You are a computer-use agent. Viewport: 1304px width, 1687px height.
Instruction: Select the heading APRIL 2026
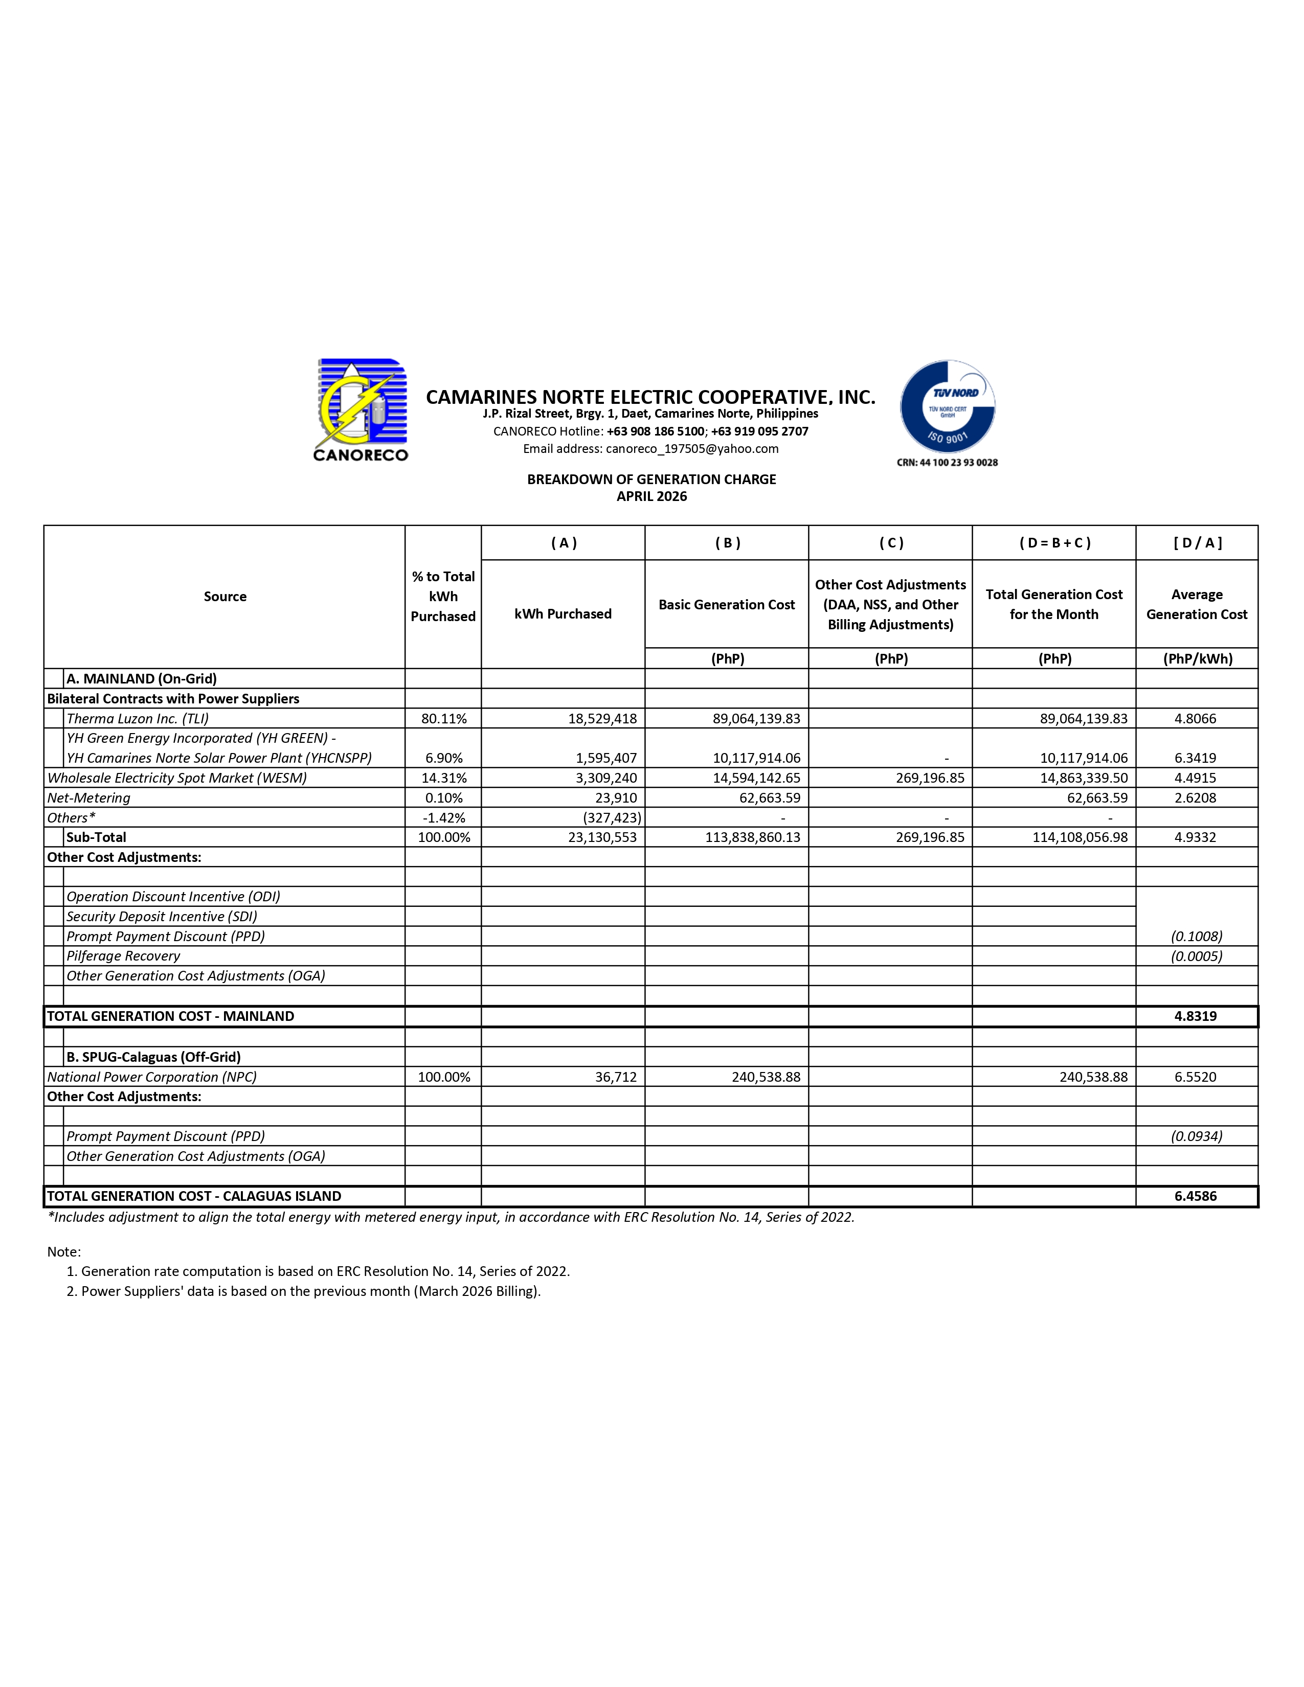click(x=651, y=497)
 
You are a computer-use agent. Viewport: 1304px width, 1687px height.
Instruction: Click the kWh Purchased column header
click(x=563, y=614)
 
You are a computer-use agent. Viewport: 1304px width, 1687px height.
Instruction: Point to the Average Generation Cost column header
click(x=1196, y=604)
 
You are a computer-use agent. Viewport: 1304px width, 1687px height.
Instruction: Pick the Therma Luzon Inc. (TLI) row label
click(x=133, y=718)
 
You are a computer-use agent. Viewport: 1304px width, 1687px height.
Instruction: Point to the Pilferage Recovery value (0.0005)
click(x=1196, y=956)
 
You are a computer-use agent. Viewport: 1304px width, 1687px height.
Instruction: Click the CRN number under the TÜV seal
click(x=947, y=463)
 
